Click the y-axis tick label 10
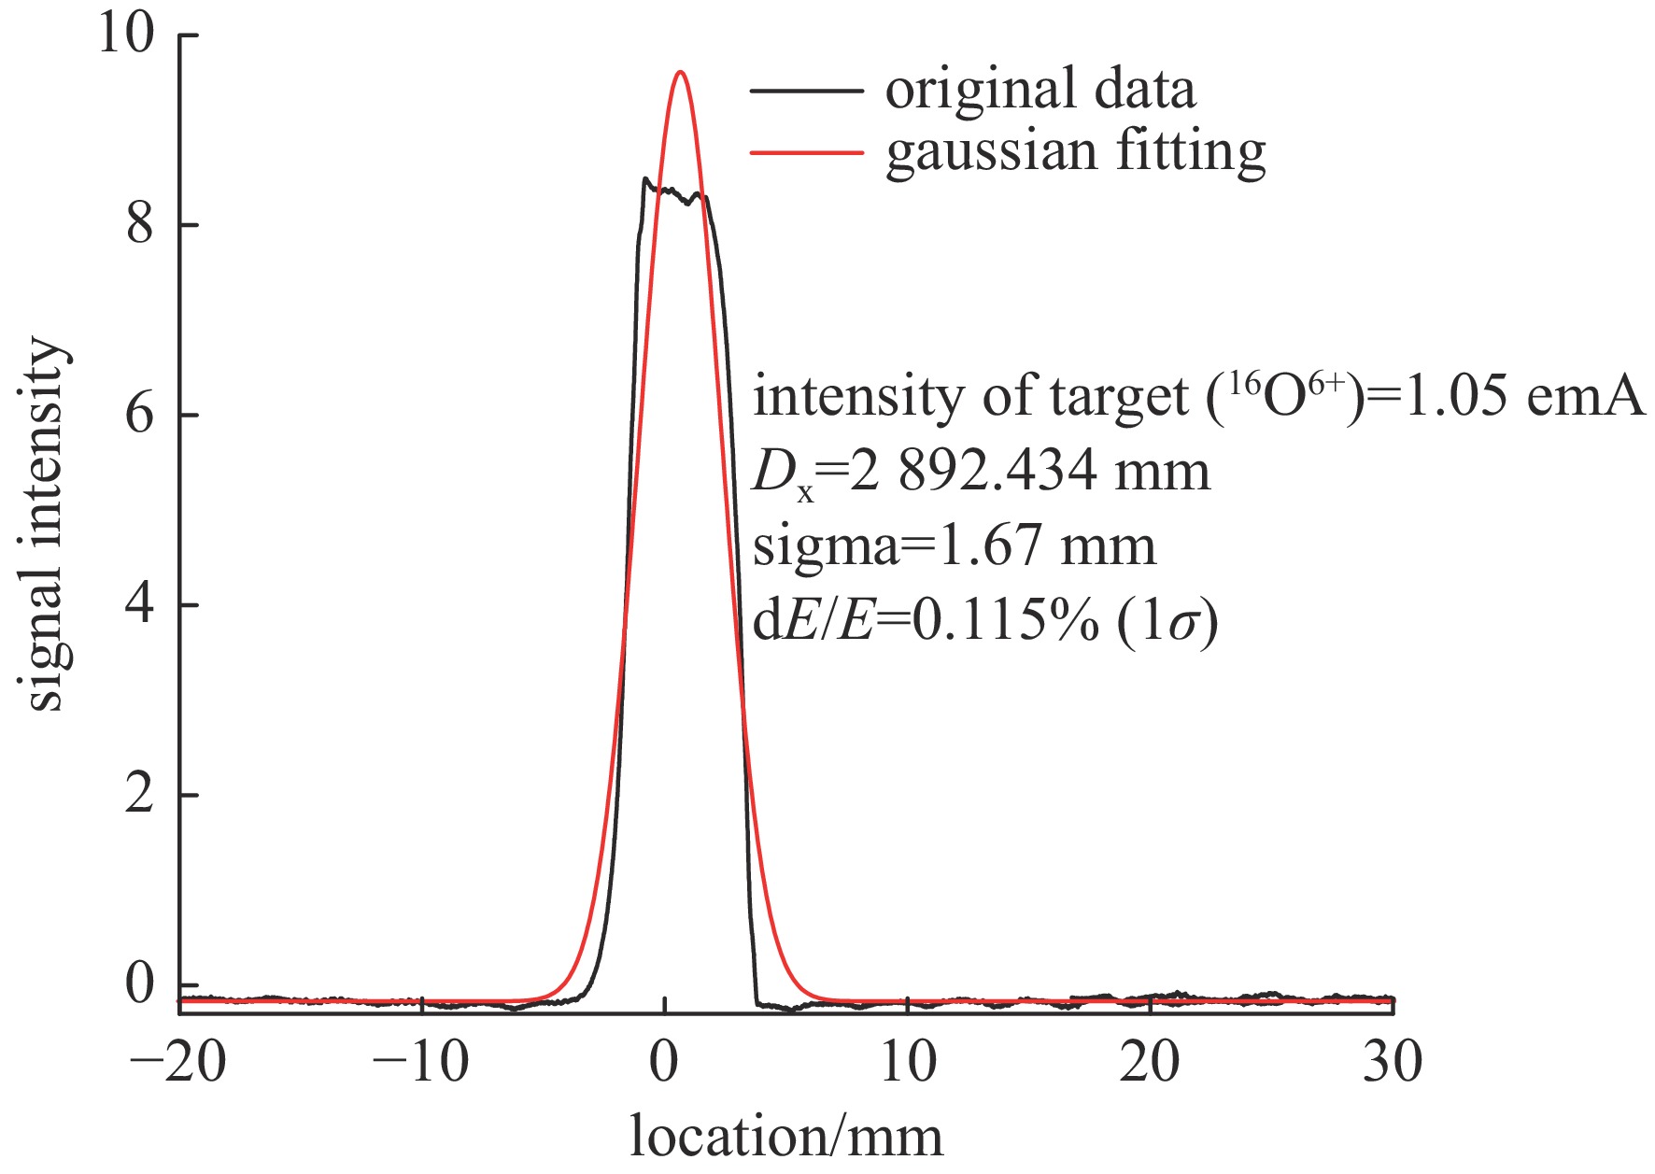pos(127,35)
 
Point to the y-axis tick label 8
pos(140,224)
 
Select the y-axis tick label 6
pos(140,414)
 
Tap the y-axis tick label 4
pos(140,604)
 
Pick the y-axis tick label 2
pos(140,795)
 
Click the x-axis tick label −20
pos(179,1063)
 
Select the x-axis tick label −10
pos(421,1063)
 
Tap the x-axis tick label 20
pos(1150,1063)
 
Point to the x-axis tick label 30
pos(1393,1063)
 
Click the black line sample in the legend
pos(806,92)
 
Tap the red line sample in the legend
pos(806,151)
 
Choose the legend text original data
pos(1040,91)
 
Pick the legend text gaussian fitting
pos(1075,152)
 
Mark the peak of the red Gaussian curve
pos(681,72)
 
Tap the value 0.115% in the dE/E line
pos(1005,622)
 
